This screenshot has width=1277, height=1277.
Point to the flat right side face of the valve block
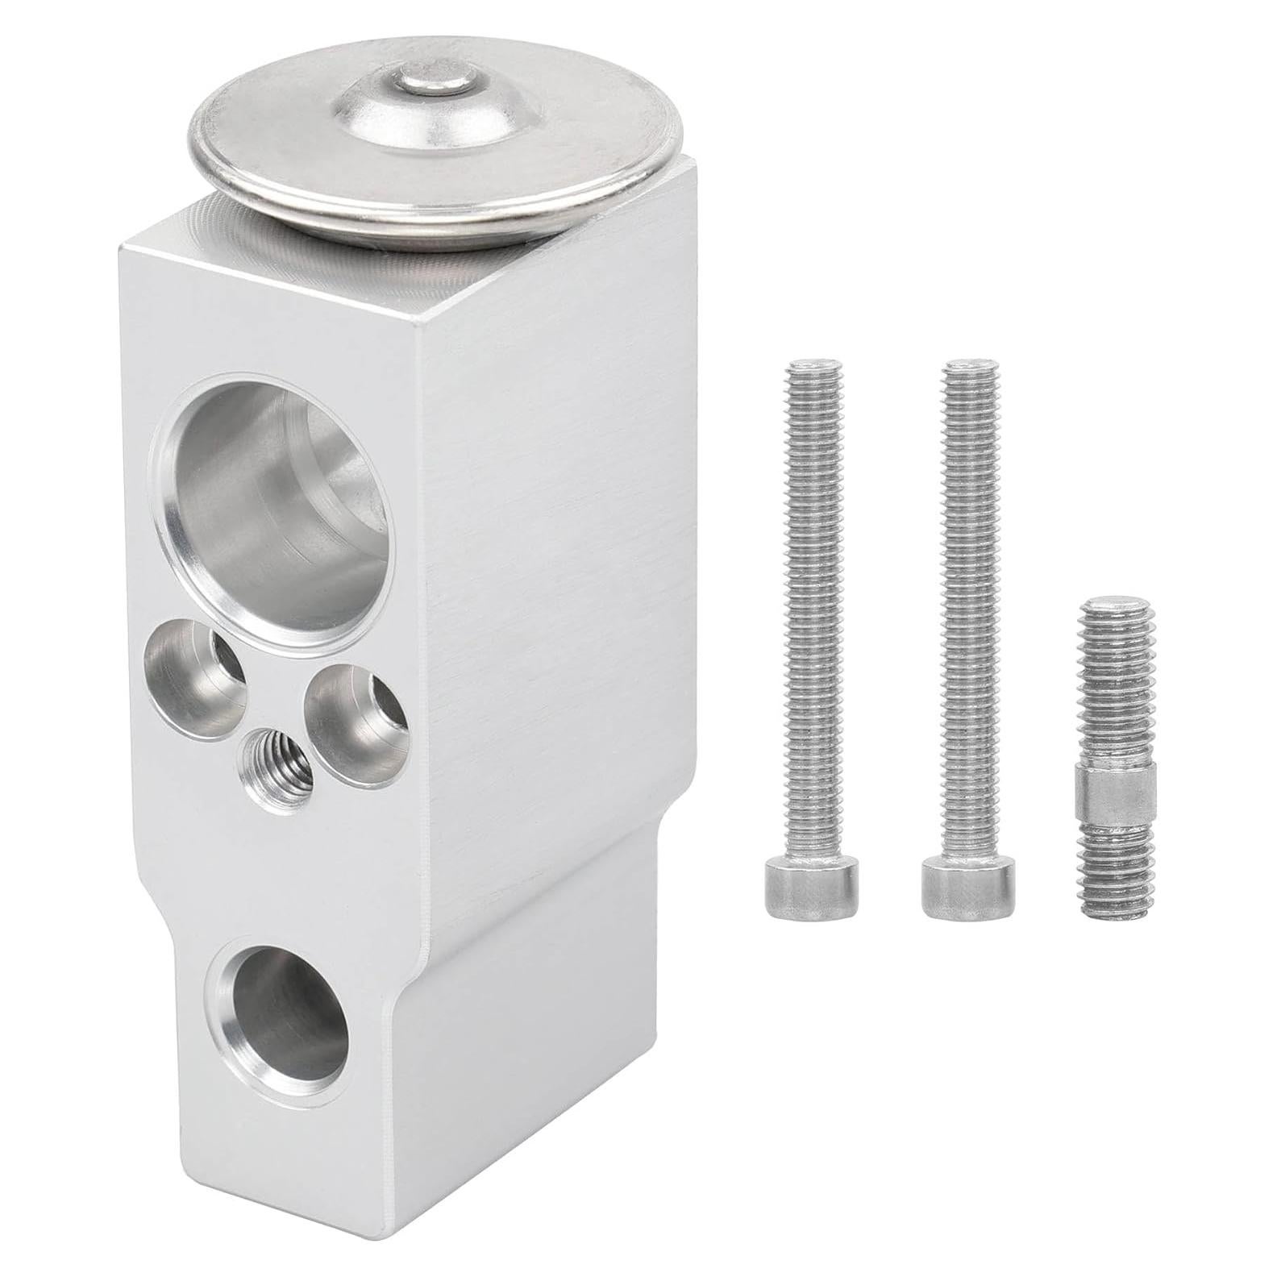click(556, 564)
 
